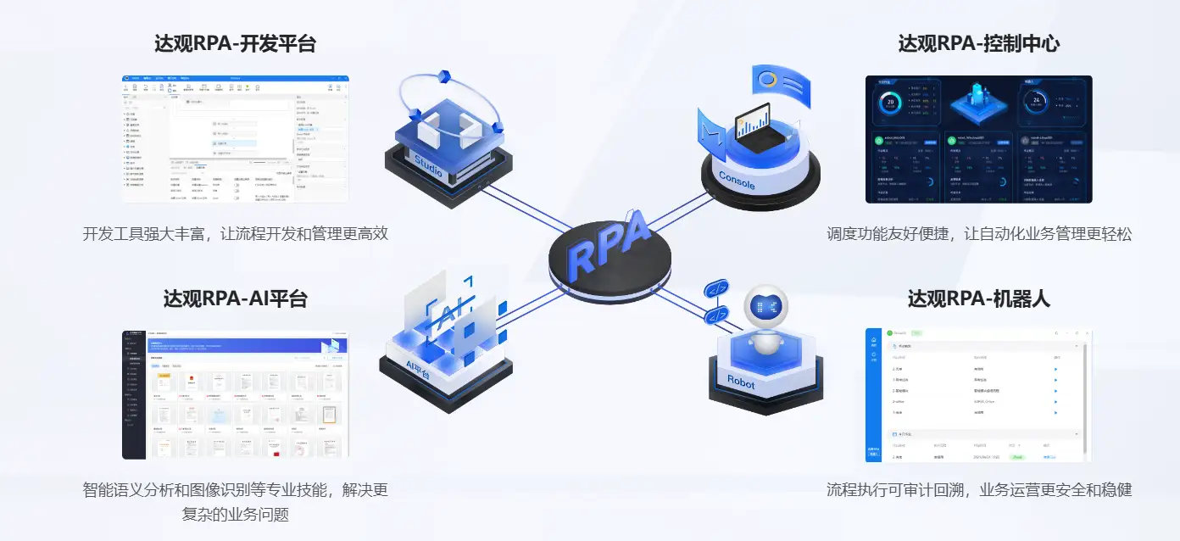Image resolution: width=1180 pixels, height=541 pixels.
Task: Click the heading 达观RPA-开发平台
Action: click(235, 44)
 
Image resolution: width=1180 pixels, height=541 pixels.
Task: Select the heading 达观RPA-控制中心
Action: click(979, 44)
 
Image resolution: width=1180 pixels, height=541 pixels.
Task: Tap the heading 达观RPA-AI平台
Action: click(235, 298)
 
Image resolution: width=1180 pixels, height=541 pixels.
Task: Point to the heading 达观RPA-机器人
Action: click(979, 298)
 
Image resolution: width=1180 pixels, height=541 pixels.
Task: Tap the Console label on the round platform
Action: click(736, 180)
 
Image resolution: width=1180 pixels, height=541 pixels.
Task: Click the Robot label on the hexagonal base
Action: click(740, 382)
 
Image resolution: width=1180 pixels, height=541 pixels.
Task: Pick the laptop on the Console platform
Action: click(754, 127)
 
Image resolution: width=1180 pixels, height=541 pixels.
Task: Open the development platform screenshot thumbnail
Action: click(235, 139)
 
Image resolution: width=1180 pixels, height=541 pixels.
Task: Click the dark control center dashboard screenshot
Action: click(978, 139)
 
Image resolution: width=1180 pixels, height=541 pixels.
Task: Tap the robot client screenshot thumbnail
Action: click(978, 395)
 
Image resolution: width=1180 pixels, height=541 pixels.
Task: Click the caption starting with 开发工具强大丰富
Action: click(235, 234)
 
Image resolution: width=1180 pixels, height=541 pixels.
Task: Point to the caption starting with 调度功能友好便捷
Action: click(979, 234)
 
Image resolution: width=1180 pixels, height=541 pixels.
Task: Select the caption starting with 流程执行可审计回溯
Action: click(979, 489)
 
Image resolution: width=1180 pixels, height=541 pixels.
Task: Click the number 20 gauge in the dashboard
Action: click(890, 103)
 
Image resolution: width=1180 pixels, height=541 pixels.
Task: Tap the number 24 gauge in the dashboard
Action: click(1035, 101)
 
